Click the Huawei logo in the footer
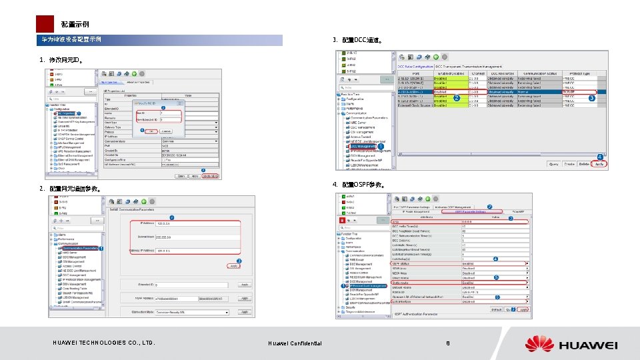click(571, 345)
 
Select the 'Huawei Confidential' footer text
click(295, 343)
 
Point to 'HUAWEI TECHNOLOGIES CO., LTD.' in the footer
click(103, 343)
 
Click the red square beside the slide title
click(44, 24)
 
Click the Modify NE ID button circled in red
click(210, 176)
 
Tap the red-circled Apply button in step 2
click(233, 266)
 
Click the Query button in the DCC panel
click(553, 163)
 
